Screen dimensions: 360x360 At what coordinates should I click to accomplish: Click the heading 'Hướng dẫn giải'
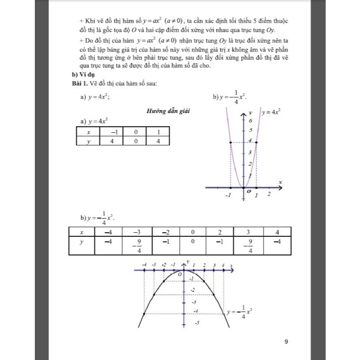[x=168, y=111]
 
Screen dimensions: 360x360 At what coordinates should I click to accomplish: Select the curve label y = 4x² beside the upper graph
[x=271, y=112]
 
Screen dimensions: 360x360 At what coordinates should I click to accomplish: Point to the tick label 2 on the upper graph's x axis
[x=269, y=194]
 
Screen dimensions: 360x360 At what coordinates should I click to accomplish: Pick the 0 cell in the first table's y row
[x=136, y=141]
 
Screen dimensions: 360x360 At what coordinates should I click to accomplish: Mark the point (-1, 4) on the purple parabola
[x=231, y=142]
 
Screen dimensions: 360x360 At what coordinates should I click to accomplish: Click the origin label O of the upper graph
[x=248, y=192]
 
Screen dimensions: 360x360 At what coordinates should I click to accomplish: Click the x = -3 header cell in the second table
[x=136, y=232]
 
